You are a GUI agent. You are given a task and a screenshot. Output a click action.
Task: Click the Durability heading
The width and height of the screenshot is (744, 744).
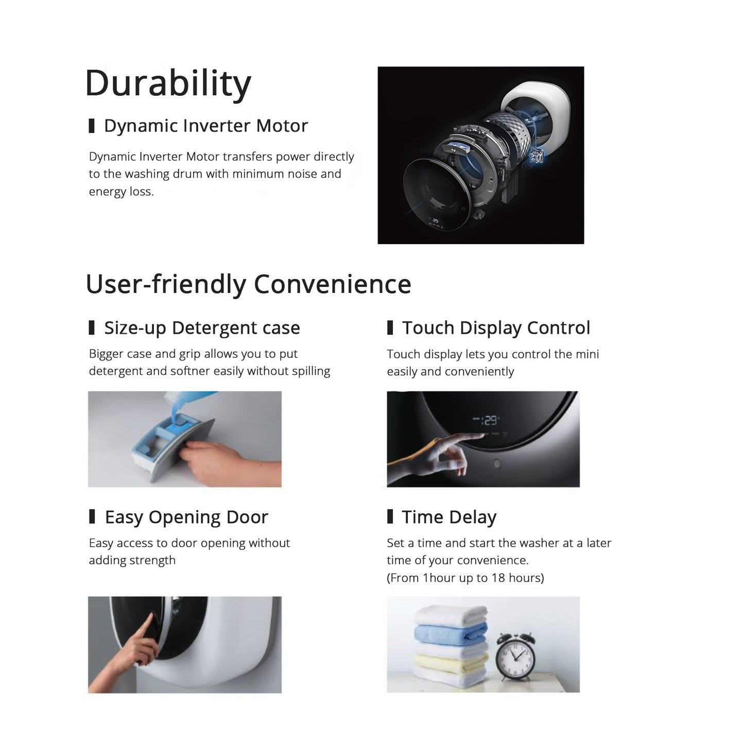click(x=168, y=84)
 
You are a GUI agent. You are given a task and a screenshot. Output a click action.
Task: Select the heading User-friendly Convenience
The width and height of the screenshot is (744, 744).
click(x=248, y=284)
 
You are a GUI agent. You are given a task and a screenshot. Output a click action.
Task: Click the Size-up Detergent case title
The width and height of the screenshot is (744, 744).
click(x=202, y=328)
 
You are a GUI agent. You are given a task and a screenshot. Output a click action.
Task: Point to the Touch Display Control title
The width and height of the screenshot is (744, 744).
click(x=496, y=328)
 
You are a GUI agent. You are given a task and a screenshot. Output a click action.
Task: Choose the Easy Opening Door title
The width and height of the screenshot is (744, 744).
click(x=186, y=517)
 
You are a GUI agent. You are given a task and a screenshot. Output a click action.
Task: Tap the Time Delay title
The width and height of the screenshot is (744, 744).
click(x=449, y=517)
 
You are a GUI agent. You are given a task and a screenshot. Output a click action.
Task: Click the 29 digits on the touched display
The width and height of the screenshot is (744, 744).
click(x=490, y=420)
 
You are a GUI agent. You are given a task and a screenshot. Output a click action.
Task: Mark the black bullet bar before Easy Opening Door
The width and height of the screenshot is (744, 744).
click(x=92, y=516)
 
